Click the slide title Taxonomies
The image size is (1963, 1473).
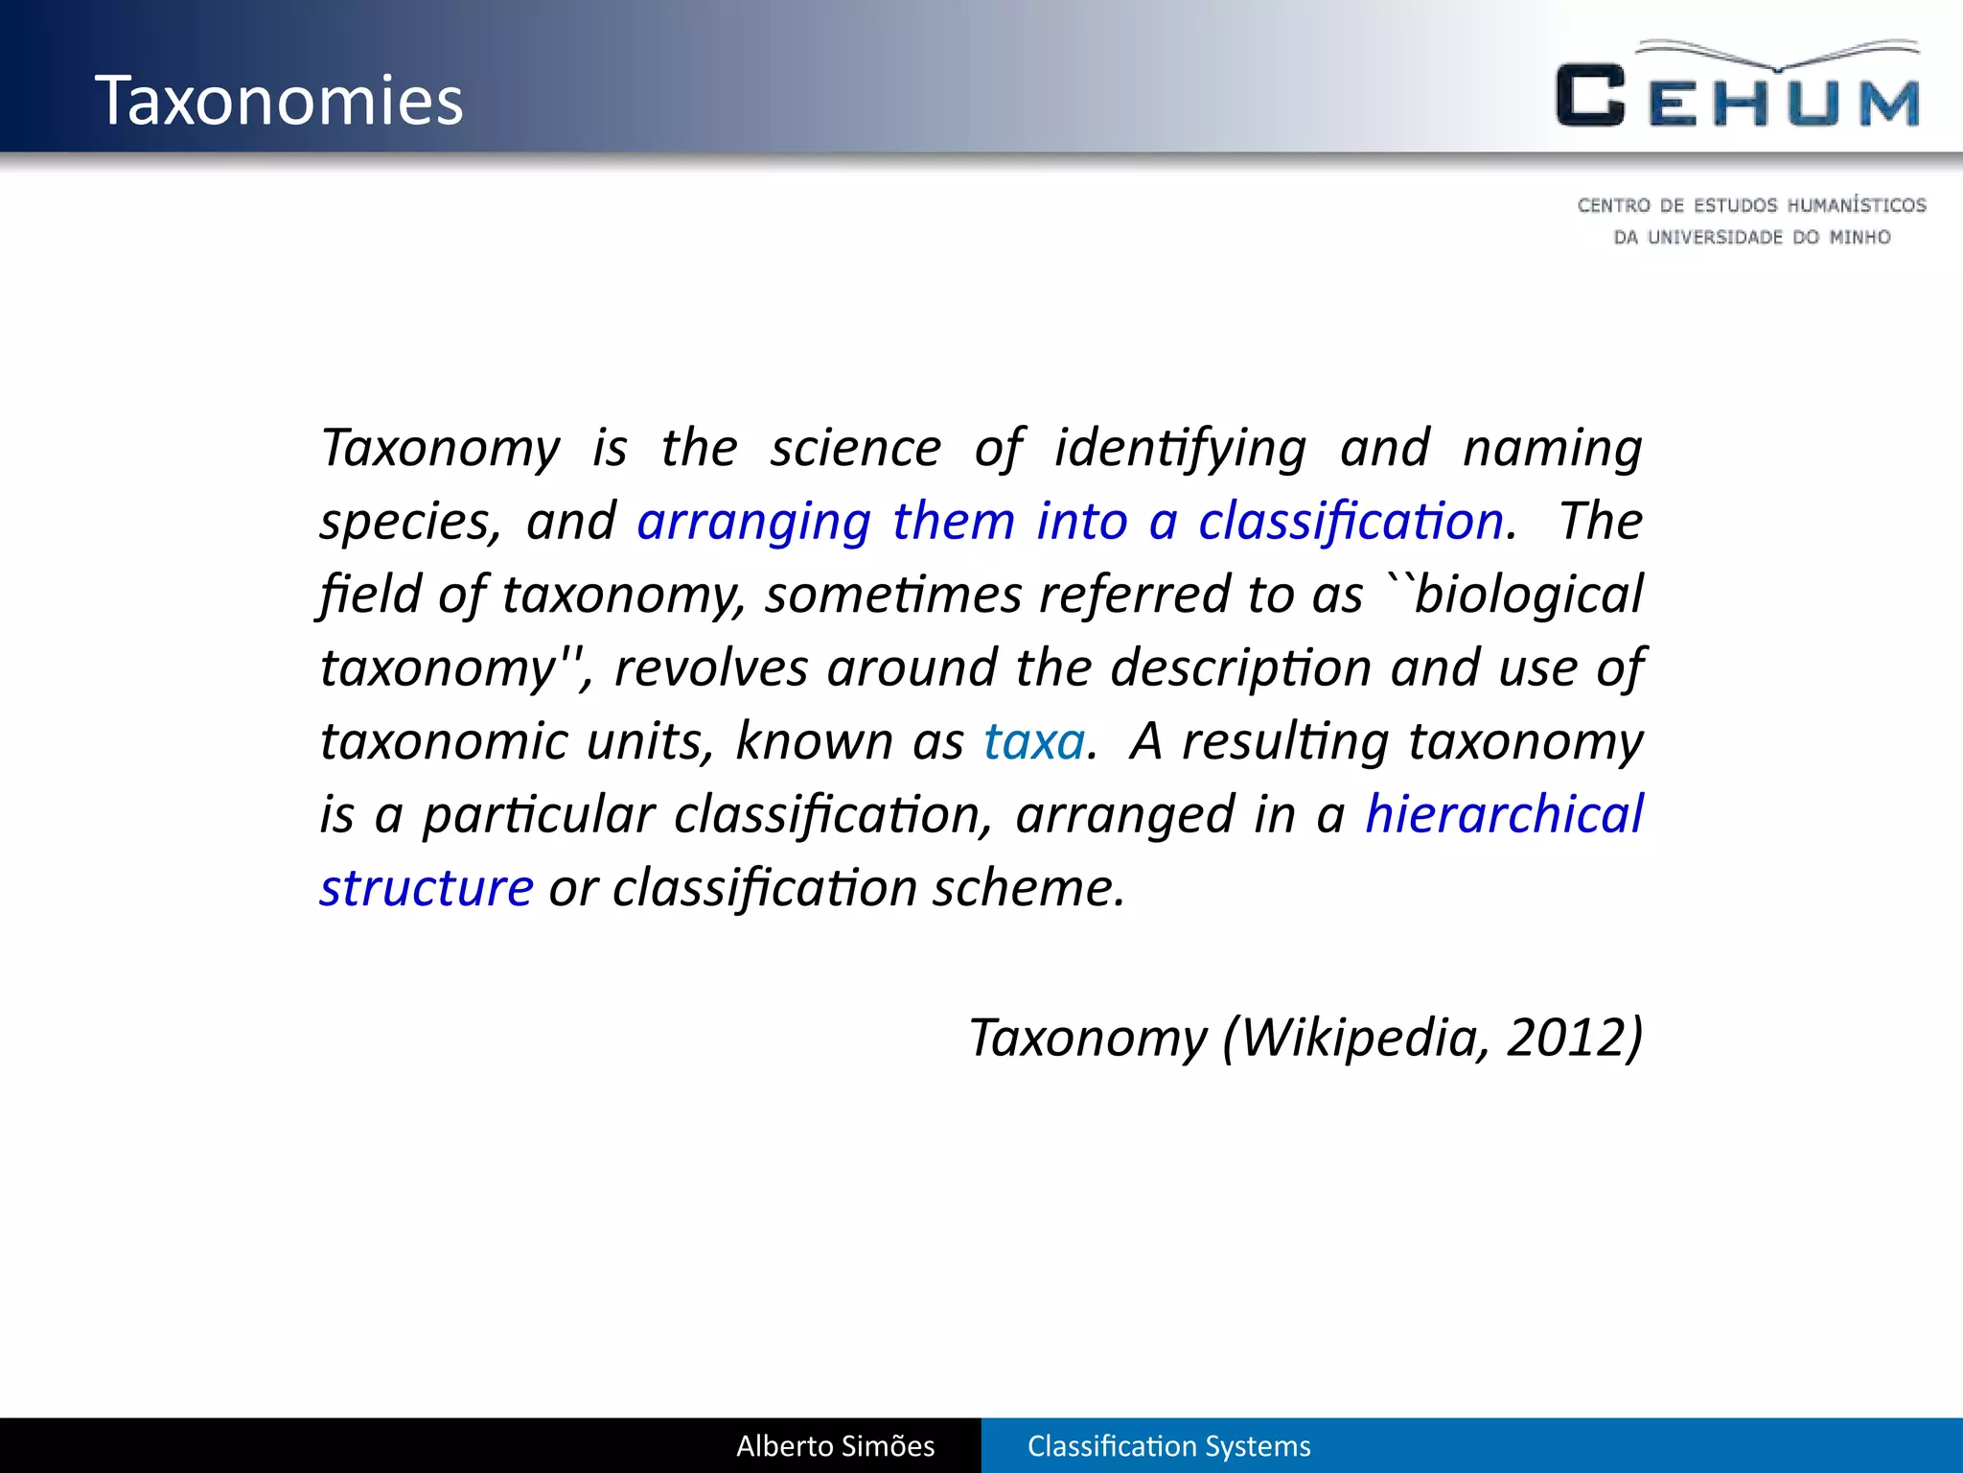pos(279,100)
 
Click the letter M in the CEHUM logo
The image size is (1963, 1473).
pos(1889,103)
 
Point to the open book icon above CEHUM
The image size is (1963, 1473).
pos(1778,56)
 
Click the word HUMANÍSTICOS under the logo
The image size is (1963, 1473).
pos(1857,205)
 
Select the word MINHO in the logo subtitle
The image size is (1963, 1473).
pos(1859,237)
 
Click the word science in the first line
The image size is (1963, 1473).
pos(856,448)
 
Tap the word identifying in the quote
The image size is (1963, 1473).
pos(1180,448)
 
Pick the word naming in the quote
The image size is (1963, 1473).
pos(1553,448)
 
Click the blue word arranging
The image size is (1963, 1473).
pos(753,522)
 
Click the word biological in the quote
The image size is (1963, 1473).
pos(1529,595)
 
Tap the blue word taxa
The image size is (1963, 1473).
pos(1034,741)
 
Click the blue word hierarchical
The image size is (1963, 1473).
pos(1504,814)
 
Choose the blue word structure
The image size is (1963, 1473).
pos(427,888)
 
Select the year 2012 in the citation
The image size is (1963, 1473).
pos(1565,1037)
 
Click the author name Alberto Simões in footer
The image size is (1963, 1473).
pos(835,1446)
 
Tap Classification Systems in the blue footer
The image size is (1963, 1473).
pos(1168,1446)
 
